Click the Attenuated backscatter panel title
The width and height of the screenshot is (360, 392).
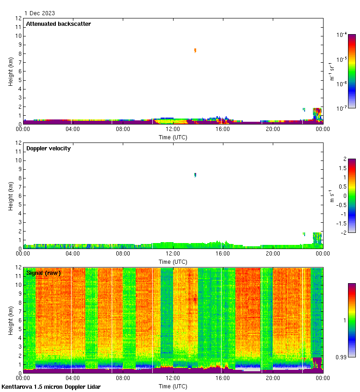(x=58, y=24)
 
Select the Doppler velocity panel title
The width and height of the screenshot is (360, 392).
(x=48, y=148)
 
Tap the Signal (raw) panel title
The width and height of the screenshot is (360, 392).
(x=43, y=273)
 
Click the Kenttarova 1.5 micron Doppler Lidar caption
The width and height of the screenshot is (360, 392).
(x=51, y=387)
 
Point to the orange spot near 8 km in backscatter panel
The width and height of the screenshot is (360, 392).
(x=195, y=50)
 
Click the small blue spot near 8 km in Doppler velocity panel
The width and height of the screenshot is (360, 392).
(x=195, y=175)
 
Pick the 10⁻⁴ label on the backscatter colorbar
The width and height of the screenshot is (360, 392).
(x=342, y=35)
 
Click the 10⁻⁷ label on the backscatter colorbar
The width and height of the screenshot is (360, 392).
(x=342, y=108)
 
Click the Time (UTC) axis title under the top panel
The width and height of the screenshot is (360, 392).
(x=173, y=137)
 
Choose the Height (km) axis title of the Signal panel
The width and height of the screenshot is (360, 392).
(x=11, y=321)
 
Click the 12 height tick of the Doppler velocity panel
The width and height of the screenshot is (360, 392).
(x=18, y=143)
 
